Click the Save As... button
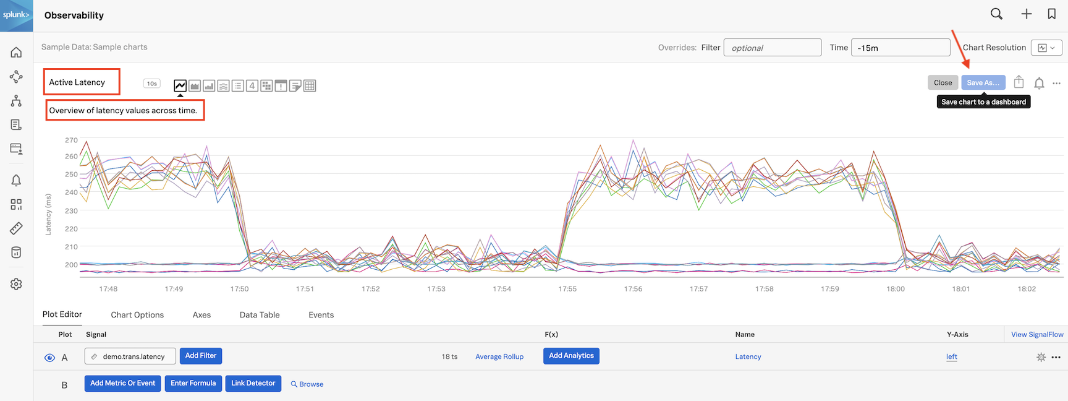tap(983, 83)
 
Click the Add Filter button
tap(201, 356)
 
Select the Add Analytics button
tap(571, 356)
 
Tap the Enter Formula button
tap(193, 384)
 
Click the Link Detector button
tap(253, 384)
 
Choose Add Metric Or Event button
tap(122, 384)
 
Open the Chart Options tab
tap(137, 315)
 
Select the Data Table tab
tap(260, 315)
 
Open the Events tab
tap(321, 315)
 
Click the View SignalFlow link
tap(1037, 335)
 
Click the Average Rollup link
tap(499, 357)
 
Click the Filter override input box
tap(772, 48)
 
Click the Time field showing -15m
tap(900, 48)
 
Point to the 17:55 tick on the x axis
tap(567, 289)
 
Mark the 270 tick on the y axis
tap(72, 140)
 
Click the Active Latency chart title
tap(77, 82)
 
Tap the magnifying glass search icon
tap(996, 14)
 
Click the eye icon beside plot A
tap(50, 358)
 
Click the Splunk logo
tap(16, 15)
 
